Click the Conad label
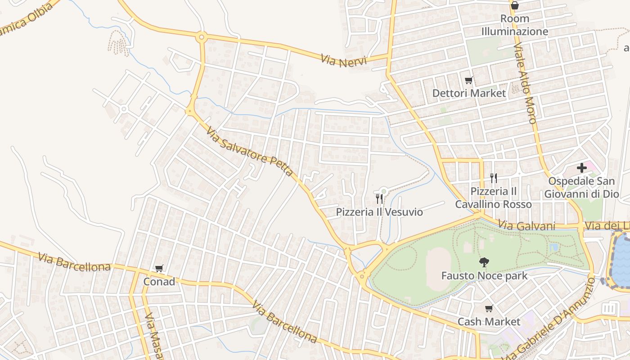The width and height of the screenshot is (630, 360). click(159, 282)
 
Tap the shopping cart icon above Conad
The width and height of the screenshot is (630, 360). click(159, 269)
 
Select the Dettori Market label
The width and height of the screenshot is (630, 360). click(469, 93)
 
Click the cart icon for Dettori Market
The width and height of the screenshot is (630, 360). click(469, 81)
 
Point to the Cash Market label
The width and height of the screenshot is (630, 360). click(489, 322)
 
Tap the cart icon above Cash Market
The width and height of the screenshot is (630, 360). click(489, 309)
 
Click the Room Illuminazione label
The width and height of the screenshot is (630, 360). click(515, 25)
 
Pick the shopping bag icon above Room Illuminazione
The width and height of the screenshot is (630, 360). click(515, 5)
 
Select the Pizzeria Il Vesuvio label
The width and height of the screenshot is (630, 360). click(379, 212)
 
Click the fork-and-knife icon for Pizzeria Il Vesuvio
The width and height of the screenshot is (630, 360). click(379, 198)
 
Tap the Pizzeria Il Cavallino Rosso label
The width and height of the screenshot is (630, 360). click(493, 198)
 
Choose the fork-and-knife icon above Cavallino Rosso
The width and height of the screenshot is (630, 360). click(494, 178)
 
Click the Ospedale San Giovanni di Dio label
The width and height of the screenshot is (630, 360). click(581, 188)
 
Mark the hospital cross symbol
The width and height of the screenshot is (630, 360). click(581, 168)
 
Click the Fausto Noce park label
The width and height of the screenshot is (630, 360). click(484, 275)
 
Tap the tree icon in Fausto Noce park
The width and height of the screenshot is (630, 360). click(484, 262)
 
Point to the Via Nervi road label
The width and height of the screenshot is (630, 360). click(344, 61)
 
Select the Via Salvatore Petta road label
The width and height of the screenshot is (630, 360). click(250, 151)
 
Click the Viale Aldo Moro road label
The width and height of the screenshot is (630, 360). click(525, 84)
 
